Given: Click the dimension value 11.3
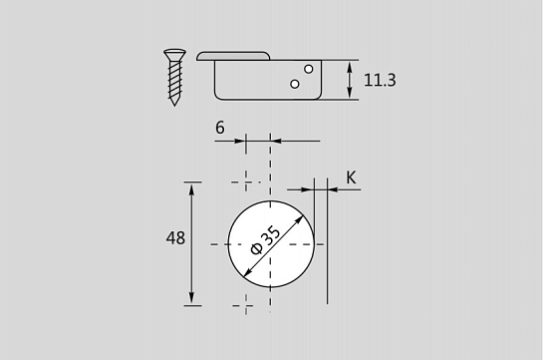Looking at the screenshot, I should pos(380,80).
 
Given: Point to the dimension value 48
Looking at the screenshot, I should pos(174,238).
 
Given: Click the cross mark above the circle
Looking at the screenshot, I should pos(245,181).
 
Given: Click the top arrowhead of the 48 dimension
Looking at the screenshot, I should pos(193,186).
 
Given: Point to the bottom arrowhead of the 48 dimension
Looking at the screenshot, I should pos(193,300).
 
